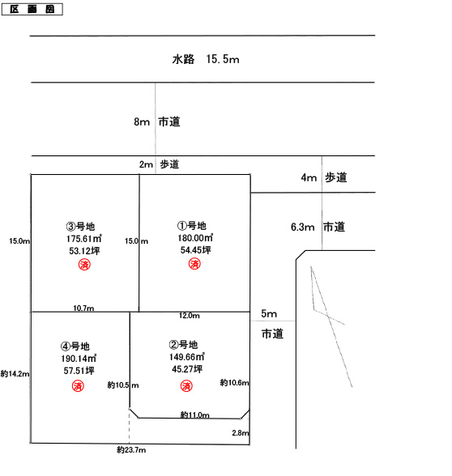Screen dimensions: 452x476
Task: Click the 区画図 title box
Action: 32,9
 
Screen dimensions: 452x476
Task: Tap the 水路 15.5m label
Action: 206,59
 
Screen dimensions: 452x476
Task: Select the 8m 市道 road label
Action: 157,121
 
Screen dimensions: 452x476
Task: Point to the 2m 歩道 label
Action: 159,164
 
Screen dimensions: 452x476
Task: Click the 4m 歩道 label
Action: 324,177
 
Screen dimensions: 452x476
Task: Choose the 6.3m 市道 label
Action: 318,227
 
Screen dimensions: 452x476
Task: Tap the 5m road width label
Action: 269,313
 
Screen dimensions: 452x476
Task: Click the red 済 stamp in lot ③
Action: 84,265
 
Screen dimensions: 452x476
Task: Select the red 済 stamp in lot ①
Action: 194,264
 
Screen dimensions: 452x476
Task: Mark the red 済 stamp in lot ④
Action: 78,386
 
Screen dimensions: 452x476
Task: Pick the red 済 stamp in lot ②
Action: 186,386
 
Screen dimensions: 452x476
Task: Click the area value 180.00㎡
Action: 195,238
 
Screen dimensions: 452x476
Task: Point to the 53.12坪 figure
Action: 84,251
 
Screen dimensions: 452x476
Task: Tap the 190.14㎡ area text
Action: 79,358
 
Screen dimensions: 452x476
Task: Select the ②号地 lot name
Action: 183,345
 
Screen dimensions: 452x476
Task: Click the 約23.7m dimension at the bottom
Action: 131,450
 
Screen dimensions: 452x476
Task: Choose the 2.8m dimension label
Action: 241,433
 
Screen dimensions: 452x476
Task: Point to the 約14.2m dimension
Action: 15,374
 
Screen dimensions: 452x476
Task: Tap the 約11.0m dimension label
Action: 194,414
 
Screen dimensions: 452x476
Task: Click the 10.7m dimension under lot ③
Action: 83,308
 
